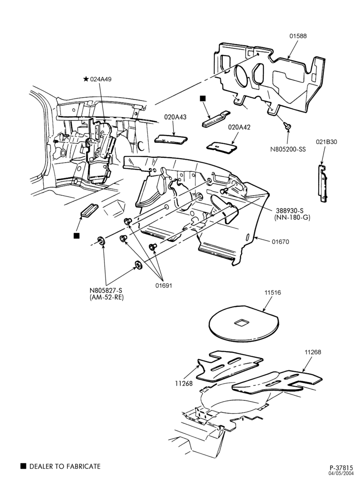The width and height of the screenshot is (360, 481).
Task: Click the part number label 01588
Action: (298, 36)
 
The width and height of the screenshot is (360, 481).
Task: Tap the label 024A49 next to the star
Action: (101, 79)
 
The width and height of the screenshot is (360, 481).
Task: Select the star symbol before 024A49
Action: (86, 79)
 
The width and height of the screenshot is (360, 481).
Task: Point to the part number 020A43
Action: (175, 117)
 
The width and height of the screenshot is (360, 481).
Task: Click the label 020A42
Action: (239, 127)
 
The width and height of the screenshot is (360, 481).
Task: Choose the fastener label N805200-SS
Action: (288, 150)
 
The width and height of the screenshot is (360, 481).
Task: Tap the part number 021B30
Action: (326, 142)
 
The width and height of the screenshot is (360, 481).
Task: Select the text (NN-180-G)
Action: (294, 217)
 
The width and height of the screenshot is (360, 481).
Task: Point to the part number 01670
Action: (280, 242)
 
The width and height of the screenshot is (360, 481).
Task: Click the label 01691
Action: (163, 286)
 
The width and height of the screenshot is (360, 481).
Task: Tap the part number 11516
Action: (272, 292)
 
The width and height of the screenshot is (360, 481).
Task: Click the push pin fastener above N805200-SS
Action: (288, 125)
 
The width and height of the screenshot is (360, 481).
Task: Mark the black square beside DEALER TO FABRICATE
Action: (23, 466)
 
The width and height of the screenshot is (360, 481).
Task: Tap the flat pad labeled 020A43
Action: (171, 139)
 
